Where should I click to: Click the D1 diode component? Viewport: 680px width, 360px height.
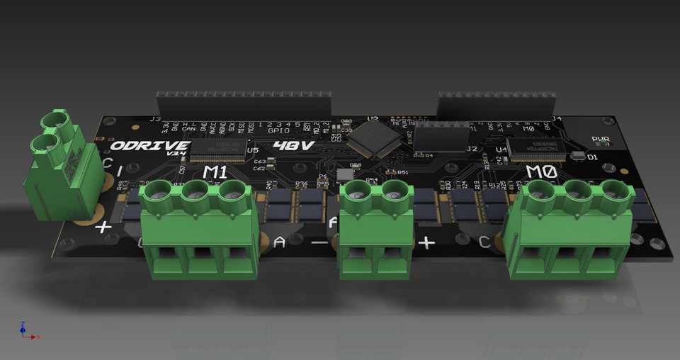pyautogui.click(x=579, y=156)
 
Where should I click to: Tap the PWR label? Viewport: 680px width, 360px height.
pyautogui.click(x=601, y=140)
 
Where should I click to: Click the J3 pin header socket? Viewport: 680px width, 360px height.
pyautogui.click(x=244, y=105)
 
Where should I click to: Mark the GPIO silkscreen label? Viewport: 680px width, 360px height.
pyautogui.click(x=278, y=130)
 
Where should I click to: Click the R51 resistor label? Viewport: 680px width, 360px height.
pyautogui.click(x=403, y=172)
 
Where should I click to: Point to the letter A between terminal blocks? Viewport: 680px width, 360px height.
pyautogui.click(x=279, y=243)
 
